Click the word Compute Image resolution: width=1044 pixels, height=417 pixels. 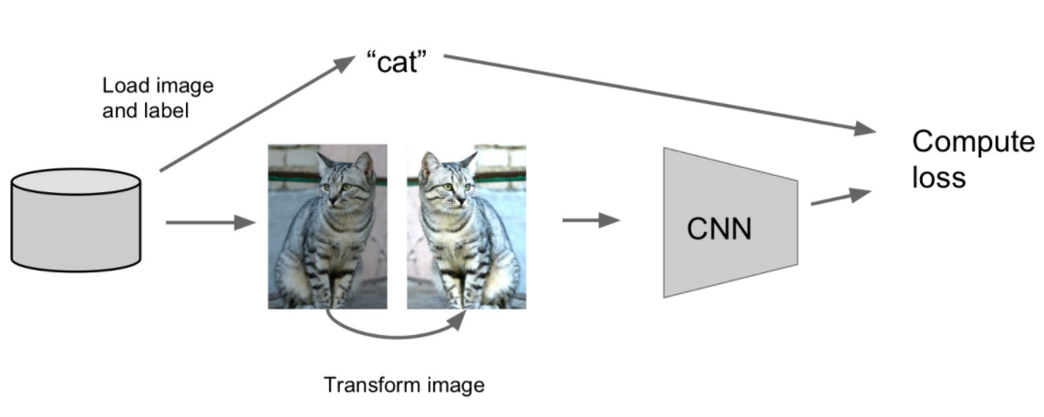(x=973, y=143)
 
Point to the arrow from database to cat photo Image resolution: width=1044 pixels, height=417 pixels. (x=210, y=221)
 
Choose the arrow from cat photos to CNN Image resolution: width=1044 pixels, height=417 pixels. (x=590, y=220)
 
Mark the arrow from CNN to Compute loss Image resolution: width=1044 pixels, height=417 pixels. (x=837, y=198)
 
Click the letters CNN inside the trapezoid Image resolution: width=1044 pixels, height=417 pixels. (x=719, y=228)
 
